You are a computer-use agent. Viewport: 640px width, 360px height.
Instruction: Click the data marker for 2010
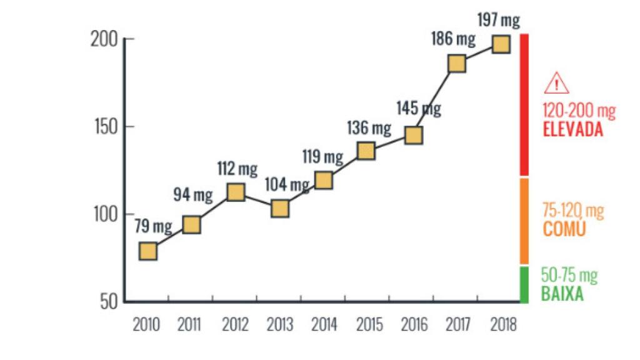coord(148,251)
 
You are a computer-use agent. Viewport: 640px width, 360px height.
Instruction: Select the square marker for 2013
coord(280,208)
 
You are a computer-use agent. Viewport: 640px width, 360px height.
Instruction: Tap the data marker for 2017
coord(457,64)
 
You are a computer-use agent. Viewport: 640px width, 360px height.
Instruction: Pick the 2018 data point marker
coord(501,44)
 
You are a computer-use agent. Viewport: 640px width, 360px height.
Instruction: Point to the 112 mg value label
coord(237,169)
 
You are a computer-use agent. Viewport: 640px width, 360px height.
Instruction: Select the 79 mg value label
coord(153,226)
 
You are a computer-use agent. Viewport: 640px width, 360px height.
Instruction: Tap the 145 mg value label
coord(419,109)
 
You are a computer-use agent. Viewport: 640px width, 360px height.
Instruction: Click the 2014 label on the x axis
coord(324,325)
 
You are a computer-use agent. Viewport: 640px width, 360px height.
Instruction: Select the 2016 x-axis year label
coord(414,325)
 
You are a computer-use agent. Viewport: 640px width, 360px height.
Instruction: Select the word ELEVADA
coord(572,131)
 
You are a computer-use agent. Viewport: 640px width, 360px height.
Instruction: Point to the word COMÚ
coord(564,229)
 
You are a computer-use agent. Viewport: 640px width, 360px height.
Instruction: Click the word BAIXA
coord(562,294)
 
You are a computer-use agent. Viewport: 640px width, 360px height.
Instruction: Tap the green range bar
coord(524,285)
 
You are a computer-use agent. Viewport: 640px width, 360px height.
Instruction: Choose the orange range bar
coord(524,221)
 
